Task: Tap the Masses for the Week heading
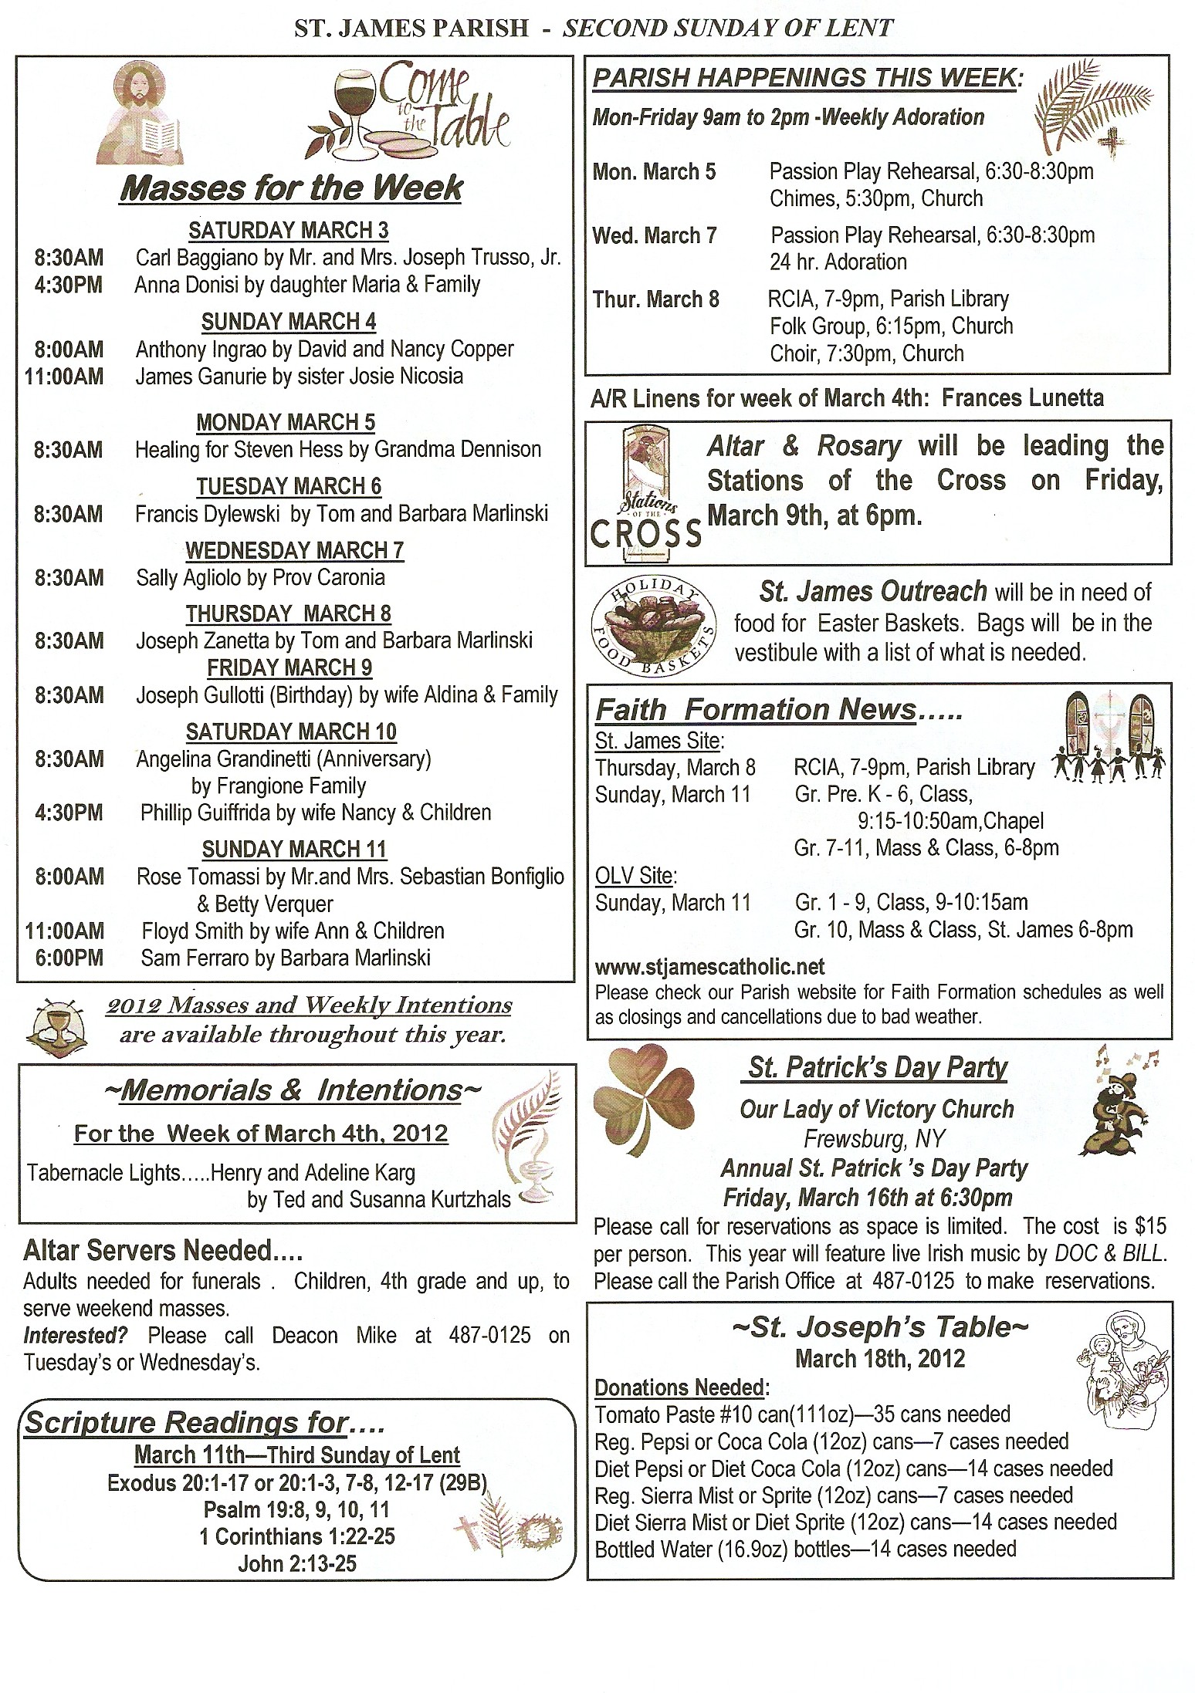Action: click(x=291, y=188)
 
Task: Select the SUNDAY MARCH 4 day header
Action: click(x=289, y=322)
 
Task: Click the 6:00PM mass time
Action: click(x=69, y=958)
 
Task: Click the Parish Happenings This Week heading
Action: click(x=807, y=77)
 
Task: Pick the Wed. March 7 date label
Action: click(x=655, y=235)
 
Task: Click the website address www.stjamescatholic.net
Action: click(x=709, y=967)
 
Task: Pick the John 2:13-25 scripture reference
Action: click(x=297, y=1563)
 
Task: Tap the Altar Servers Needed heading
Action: click(x=163, y=1250)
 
